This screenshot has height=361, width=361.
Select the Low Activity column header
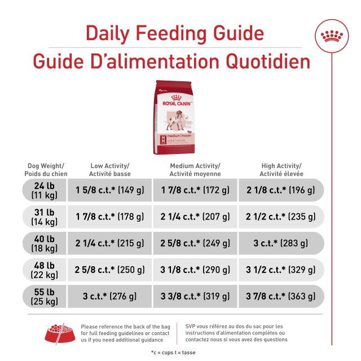coord(110,170)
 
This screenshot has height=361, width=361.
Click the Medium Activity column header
coord(195,170)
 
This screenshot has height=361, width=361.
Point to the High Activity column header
coord(280,170)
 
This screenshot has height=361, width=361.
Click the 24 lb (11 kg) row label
coord(43,190)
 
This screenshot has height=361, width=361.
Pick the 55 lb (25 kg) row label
coord(43,296)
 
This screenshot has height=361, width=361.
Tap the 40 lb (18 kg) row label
coord(43,243)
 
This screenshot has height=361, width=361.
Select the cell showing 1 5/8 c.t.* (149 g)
coord(110,190)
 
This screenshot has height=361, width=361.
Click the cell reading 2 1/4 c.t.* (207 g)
coord(195,217)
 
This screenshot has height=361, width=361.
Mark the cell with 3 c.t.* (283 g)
coord(280,243)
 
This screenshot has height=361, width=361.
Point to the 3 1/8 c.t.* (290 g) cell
coord(195,270)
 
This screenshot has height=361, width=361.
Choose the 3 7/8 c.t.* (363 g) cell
coord(280,296)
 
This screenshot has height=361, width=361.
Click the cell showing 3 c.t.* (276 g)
coord(110,296)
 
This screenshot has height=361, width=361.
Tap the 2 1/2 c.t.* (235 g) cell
coord(280,217)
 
